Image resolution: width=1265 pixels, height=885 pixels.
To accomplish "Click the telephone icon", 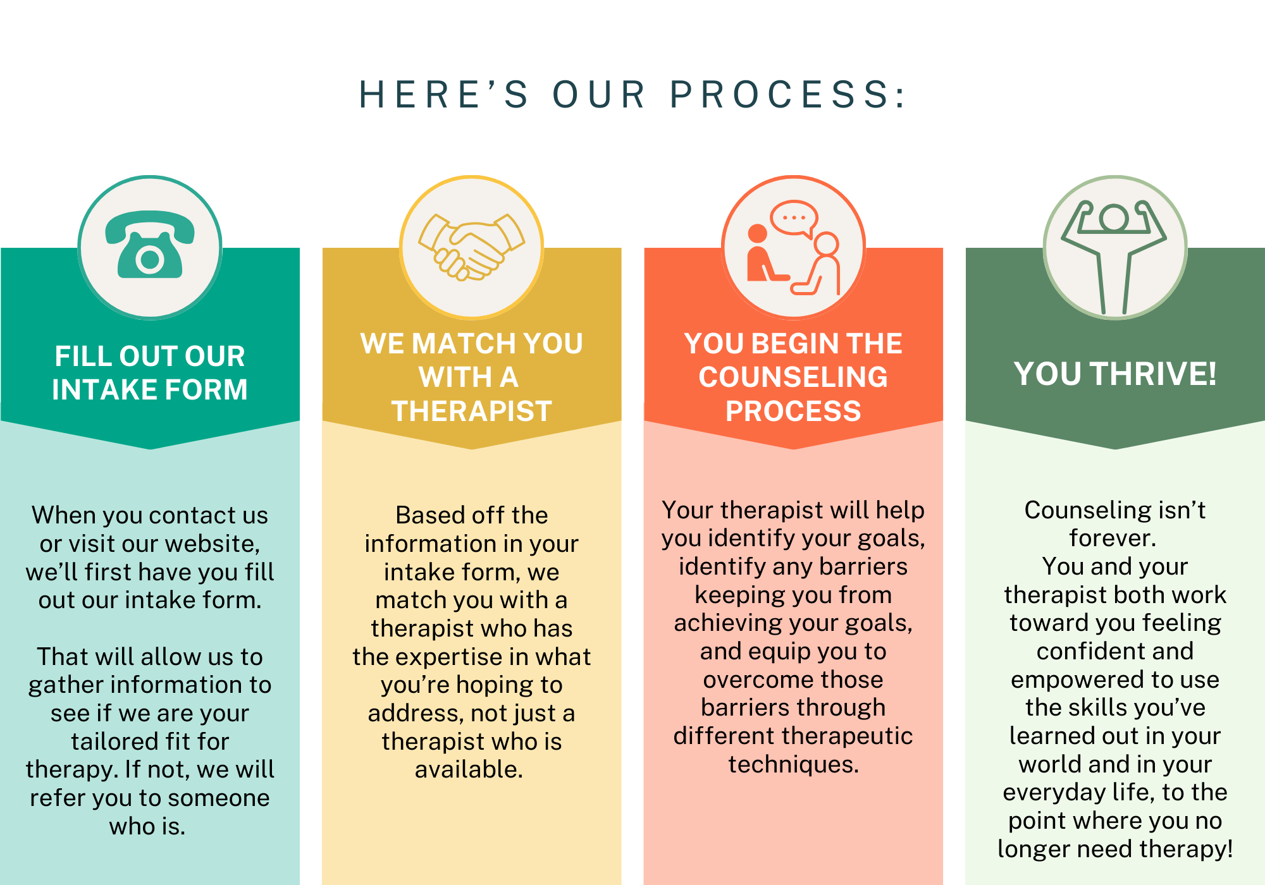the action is point(150,245).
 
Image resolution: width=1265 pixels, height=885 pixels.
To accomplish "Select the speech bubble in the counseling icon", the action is point(793,219).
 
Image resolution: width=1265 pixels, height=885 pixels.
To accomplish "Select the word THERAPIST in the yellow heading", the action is point(472,411).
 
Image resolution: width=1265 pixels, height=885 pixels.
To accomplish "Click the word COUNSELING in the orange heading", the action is point(793,377).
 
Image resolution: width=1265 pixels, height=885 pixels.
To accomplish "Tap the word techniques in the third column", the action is point(793,764).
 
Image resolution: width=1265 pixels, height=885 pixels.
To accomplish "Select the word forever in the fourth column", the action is point(1112,538).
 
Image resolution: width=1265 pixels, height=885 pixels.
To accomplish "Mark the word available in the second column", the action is point(468,770).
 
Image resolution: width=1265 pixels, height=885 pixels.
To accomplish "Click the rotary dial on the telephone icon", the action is point(150,259).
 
